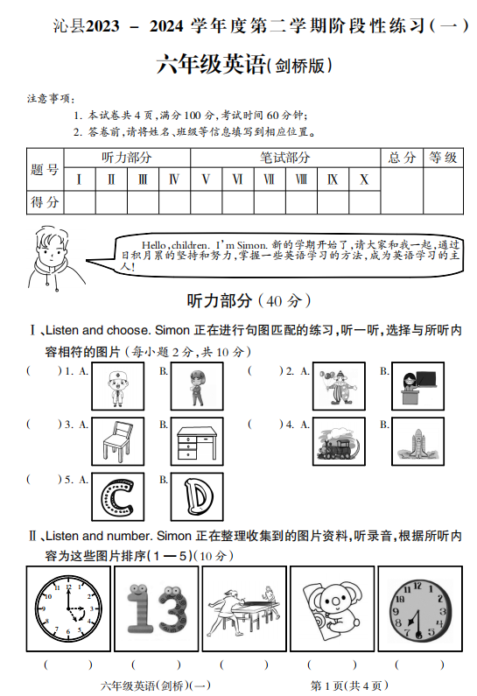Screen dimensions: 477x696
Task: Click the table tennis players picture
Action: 243,609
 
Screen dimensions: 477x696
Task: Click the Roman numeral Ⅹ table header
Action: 364,179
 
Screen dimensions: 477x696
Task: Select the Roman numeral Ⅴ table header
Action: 206,179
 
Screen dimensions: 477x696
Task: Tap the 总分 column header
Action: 402,158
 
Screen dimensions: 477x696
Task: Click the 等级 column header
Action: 443,158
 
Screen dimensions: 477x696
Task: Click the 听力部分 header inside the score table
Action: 126,158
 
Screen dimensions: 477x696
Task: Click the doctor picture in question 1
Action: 118,386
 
